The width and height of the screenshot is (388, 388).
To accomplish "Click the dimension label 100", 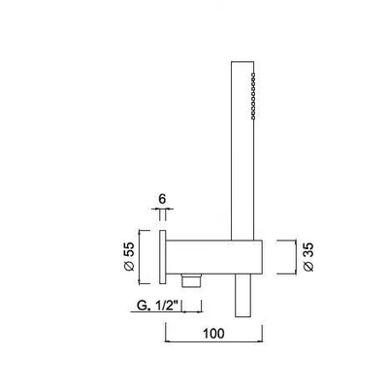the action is point(213,334).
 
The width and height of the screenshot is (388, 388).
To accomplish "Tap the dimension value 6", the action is point(162,199).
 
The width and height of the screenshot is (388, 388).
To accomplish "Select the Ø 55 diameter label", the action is point(129,256).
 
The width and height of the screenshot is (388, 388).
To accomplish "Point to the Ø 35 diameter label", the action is point(308,257).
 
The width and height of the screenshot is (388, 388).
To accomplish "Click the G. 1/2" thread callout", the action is point(158,306).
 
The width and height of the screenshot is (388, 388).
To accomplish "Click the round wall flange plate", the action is point(163,257).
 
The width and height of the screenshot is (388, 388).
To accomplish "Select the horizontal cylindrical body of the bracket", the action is point(213,257).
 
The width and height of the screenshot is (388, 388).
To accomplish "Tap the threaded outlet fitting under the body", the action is point(192,280).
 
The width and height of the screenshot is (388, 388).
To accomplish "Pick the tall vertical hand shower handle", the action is point(242,150).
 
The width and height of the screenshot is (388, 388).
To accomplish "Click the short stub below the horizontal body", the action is point(242,296).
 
